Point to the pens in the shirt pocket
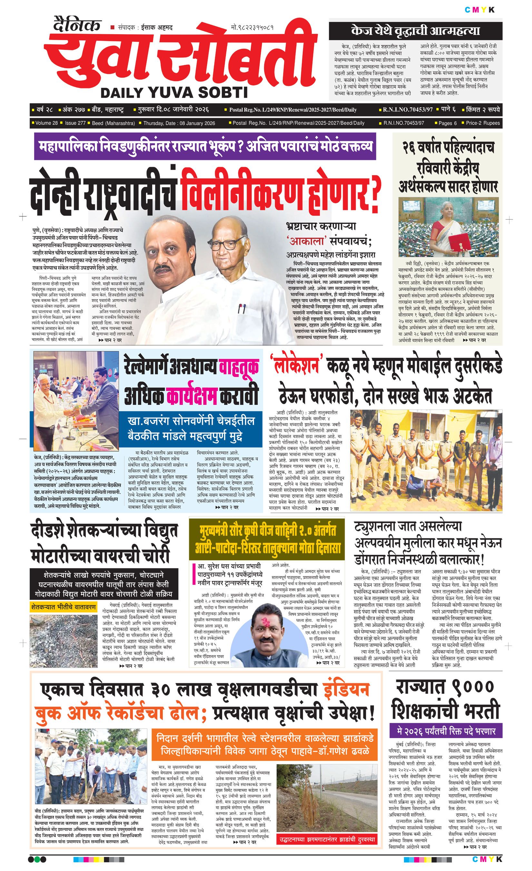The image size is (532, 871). (241, 309)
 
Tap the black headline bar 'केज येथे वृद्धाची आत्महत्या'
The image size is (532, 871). (415, 31)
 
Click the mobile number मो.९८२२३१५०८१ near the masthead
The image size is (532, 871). (252, 27)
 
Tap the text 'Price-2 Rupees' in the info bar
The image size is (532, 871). (483, 123)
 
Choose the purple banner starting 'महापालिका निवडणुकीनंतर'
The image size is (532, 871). (205, 146)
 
